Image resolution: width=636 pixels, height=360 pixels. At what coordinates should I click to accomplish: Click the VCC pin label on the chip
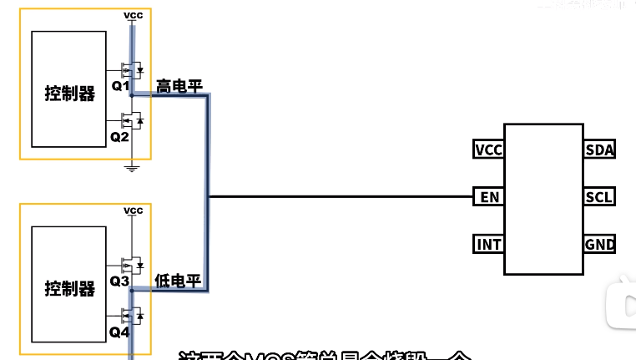[x=488, y=150]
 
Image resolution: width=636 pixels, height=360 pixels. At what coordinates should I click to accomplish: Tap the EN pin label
[x=488, y=198]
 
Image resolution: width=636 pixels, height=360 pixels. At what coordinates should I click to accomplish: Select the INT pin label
[x=488, y=245]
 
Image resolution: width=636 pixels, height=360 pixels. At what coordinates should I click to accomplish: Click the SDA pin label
[x=600, y=150]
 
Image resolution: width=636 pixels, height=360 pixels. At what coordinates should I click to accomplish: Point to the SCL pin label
[x=600, y=198]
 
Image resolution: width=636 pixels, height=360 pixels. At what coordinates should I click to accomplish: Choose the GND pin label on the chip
[x=600, y=245]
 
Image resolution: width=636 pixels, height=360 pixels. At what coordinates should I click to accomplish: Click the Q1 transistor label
[x=120, y=86]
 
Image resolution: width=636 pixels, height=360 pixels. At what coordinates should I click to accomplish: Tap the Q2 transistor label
[x=120, y=136]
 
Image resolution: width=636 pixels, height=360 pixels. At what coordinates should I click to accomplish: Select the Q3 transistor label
[x=120, y=281]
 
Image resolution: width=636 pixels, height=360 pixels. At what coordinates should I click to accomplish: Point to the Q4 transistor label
[x=120, y=332]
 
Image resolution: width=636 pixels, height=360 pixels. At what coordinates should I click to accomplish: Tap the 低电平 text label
[x=179, y=281]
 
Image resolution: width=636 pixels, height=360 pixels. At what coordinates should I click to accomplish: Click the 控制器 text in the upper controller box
[x=70, y=94]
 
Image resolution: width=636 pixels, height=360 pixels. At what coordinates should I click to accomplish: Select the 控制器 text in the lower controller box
[x=70, y=290]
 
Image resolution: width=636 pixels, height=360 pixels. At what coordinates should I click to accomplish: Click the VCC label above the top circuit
[x=133, y=16]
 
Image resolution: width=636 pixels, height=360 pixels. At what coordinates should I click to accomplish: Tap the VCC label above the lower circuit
[x=133, y=210]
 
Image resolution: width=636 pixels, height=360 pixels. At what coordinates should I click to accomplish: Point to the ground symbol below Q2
[x=132, y=168]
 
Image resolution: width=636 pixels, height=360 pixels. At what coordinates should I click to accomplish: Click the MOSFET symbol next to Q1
[x=132, y=68]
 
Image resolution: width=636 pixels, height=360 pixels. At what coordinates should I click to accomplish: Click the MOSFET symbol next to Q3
[x=132, y=265]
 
